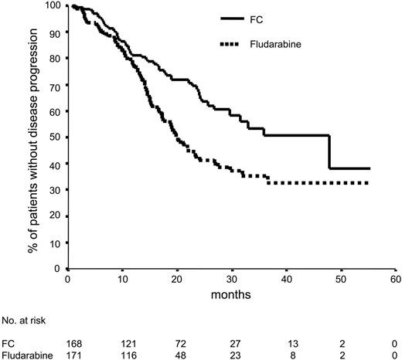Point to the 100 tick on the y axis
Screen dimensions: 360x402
point(54,7)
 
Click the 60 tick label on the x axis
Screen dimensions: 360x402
point(394,279)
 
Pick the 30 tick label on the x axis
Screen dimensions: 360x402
point(231,279)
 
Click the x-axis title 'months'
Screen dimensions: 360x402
point(231,294)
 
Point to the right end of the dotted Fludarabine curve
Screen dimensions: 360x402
point(369,183)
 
